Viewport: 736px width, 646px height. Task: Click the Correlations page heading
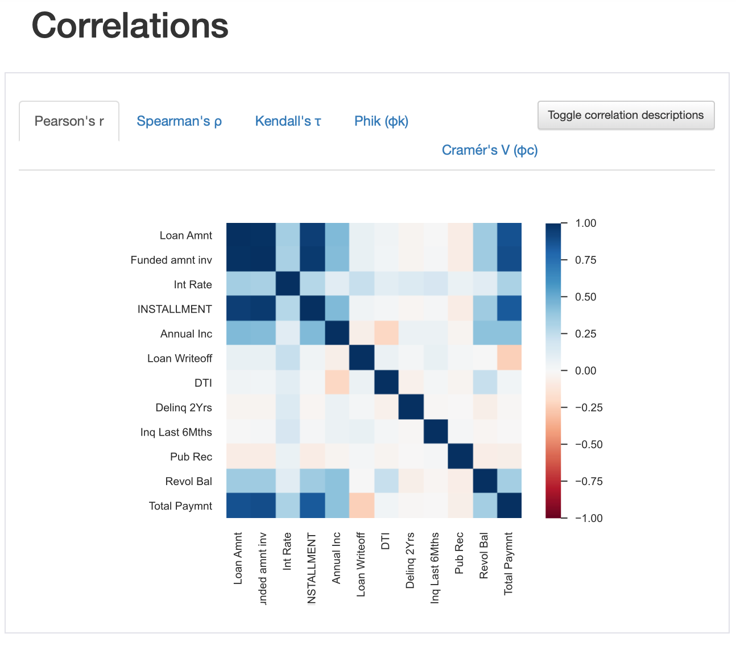(130, 26)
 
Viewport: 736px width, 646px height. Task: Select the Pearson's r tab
(69, 121)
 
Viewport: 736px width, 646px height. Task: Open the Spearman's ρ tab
(179, 121)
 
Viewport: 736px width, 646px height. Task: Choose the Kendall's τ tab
(288, 121)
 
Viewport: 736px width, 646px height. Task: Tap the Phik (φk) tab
(381, 121)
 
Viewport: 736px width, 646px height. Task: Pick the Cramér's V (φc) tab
(490, 150)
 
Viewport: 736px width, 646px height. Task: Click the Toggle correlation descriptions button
(626, 115)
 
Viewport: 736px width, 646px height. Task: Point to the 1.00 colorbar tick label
(586, 223)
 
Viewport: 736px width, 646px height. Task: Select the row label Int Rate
(193, 284)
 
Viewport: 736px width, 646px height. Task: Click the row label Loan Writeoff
(180, 358)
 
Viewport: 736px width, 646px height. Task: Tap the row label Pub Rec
(191, 457)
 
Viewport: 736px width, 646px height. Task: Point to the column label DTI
(386, 541)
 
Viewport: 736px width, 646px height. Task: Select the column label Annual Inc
(337, 558)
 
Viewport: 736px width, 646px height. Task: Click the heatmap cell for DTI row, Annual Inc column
(337, 383)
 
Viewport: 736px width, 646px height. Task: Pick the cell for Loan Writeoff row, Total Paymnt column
(509, 358)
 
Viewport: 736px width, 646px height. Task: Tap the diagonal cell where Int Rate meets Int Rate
(288, 284)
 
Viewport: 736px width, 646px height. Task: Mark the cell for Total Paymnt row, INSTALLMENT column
(312, 506)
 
